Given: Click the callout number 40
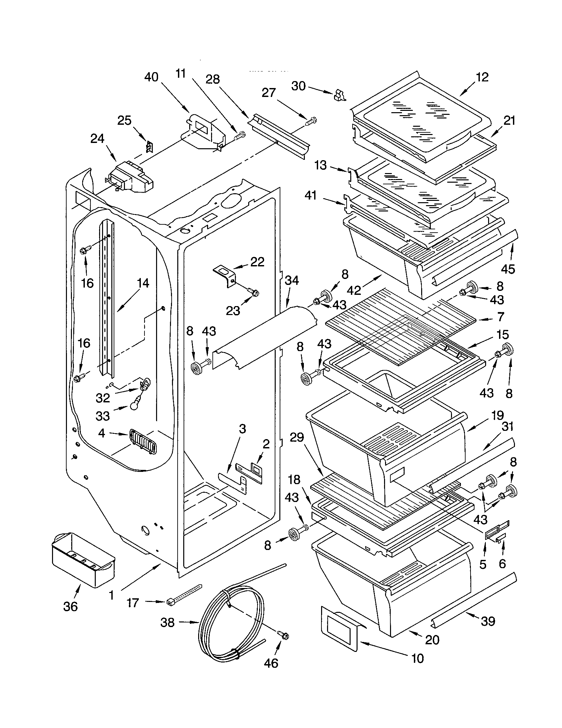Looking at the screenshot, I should click(151, 77).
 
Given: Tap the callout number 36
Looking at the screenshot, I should click(71, 606).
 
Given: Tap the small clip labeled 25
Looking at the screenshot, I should click(150, 146).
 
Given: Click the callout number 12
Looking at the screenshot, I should click(482, 77).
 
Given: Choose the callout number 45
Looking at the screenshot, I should click(508, 269).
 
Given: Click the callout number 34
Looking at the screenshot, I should click(292, 280).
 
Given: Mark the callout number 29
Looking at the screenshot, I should click(297, 437).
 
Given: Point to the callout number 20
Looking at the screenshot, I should click(432, 640).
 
